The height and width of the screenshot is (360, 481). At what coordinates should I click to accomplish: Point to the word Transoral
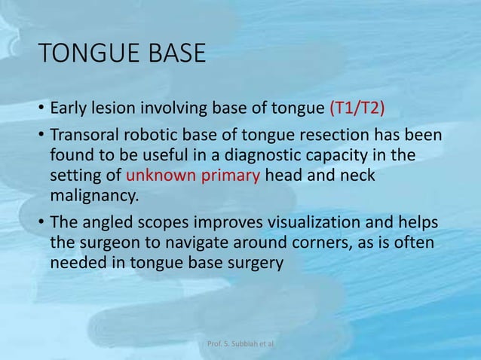85,137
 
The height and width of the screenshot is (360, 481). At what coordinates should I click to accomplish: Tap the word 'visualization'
290,223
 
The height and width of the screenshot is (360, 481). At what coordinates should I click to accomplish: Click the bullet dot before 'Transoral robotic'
41,138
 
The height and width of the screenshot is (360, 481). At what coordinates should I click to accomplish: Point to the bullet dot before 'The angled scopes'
41,224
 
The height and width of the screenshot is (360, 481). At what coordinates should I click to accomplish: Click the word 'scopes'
167,223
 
